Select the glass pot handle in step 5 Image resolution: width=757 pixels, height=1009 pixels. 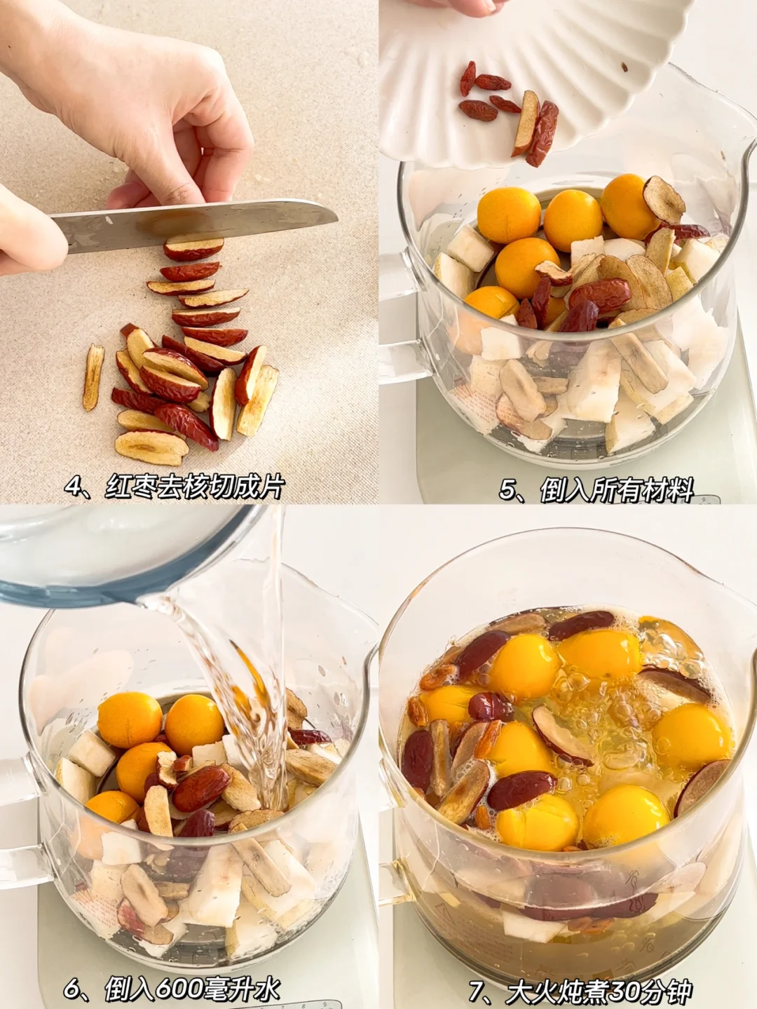tap(399, 317)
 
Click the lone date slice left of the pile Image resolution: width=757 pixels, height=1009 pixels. tap(93, 377)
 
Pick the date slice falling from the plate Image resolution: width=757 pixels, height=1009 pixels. tap(525, 123)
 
